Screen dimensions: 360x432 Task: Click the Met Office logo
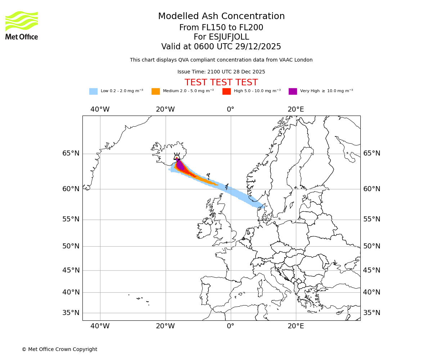pos(22,25)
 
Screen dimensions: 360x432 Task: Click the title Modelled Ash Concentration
pos(221,16)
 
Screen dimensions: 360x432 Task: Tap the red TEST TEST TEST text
pos(221,82)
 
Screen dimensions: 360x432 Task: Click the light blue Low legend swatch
pos(93,91)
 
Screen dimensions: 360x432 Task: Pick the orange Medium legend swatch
pos(156,91)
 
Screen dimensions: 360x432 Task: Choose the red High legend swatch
pos(226,91)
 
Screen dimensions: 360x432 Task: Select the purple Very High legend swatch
pos(293,91)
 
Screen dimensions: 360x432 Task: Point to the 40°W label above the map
pos(100,109)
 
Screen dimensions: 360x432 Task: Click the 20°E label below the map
pos(296,326)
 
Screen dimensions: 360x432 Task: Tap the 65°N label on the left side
pos(71,153)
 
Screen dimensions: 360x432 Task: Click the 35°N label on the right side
pos(372,313)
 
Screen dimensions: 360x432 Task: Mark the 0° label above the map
pos(230,109)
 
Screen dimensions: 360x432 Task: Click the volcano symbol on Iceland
pos(177,156)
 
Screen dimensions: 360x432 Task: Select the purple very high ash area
pos(180,165)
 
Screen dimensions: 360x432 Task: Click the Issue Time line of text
pos(221,72)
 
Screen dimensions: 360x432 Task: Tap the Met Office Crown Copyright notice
pos(59,349)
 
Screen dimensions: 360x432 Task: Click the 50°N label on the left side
pos(71,246)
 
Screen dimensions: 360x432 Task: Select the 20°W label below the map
pos(165,326)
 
